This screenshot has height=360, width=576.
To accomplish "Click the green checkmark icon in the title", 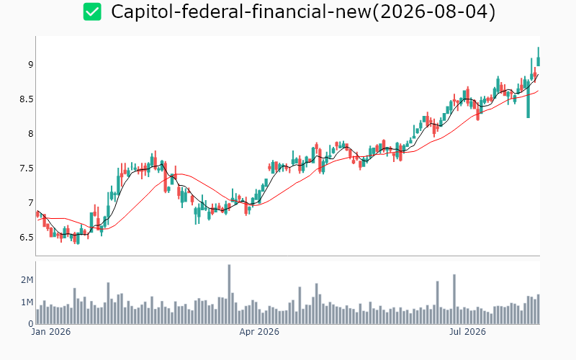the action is point(92,12).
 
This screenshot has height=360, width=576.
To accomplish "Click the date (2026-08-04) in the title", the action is point(434,12).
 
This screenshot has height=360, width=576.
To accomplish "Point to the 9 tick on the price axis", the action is point(30,65).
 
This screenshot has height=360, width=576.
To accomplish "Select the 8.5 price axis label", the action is point(27,99).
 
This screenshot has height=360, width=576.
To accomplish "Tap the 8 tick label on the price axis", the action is point(30,134).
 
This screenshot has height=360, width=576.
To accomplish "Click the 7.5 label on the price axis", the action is point(27,168).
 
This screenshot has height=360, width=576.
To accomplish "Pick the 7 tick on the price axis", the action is point(30,203).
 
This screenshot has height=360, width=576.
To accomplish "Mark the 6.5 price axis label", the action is point(27,238).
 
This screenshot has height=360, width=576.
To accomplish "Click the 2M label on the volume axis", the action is point(27,280).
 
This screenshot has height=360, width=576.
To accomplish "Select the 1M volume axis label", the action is point(27,302).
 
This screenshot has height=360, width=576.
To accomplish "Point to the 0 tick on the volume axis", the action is point(31,324).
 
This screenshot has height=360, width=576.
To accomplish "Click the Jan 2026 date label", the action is point(50,332).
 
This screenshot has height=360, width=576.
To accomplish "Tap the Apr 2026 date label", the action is point(259,332).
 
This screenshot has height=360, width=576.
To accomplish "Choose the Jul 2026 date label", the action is point(467,332).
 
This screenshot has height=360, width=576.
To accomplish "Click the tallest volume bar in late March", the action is point(229,294).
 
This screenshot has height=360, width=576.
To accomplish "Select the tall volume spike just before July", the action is point(454,299).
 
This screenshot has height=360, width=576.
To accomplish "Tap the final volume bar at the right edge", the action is point(539,309).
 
